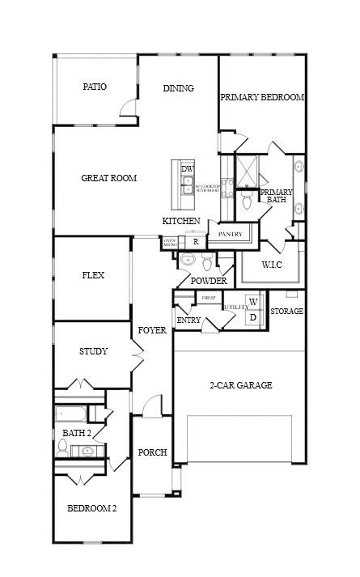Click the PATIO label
95,87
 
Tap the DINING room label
178,89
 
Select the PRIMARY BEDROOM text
262,98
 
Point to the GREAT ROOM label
108,178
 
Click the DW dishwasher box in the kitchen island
188,169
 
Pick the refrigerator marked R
195,241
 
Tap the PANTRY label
231,235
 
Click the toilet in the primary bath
247,202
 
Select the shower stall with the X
246,171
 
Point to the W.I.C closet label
272,265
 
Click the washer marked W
253,302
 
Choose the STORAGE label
286,312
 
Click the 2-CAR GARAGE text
240,385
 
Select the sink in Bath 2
87,452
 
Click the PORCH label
152,453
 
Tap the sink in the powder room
188,261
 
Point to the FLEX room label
93,275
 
